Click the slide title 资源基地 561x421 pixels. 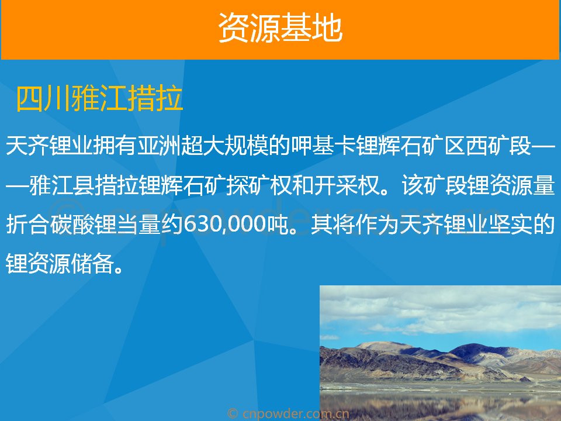(x=280, y=28)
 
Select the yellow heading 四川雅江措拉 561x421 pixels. (x=99, y=98)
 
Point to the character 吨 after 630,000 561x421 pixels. (x=277, y=225)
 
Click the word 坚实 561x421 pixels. (x=510, y=225)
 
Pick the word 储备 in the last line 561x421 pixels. (x=93, y=264)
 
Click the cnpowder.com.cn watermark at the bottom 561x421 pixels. (x=288, y=413)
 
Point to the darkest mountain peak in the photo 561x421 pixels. (x=476, y=349)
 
